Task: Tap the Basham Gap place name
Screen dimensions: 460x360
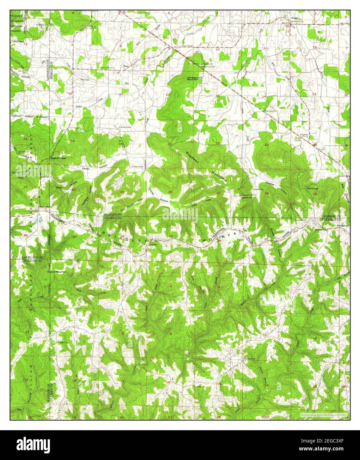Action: pyautogui.click(x=57, y=158)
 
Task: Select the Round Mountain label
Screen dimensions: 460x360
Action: pyautogui.click(x=57, y=272)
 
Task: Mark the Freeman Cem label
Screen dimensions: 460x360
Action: pyautogui.click(x=137, y=166)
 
